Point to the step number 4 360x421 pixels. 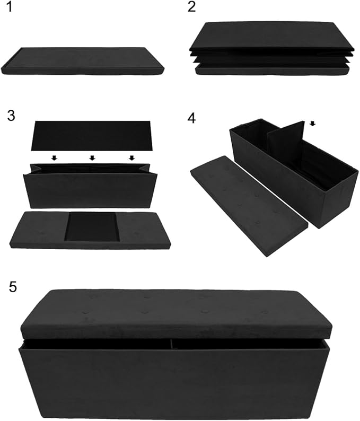[191, 118]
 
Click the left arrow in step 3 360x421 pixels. [54, 158]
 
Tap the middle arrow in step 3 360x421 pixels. [92, 158]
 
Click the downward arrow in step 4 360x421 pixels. [312, 124]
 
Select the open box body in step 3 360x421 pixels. [93, 188]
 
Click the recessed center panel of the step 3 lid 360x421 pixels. [92, 226]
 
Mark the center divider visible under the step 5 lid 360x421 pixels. [172, 345]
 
